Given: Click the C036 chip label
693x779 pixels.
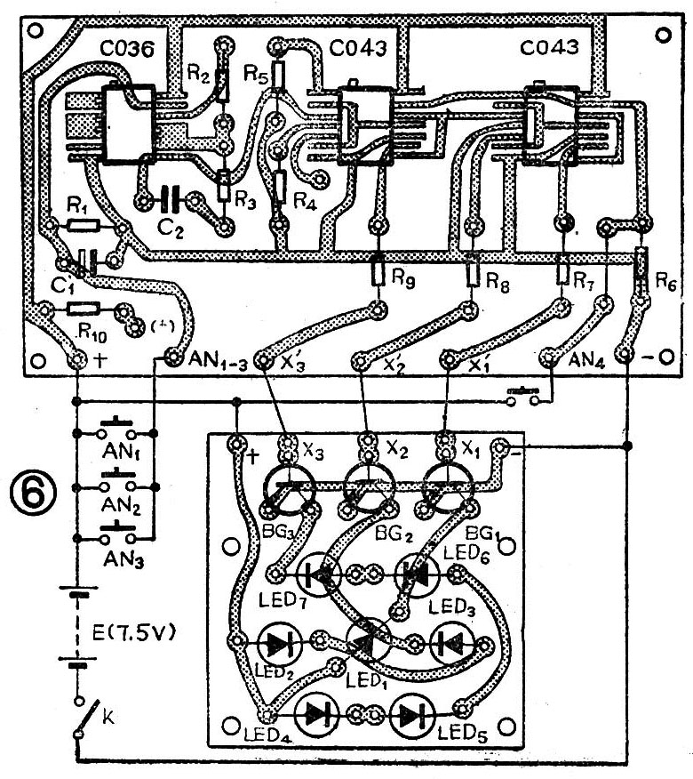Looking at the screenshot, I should [116, 50].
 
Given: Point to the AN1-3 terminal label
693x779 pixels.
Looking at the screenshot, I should [218, 361].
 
